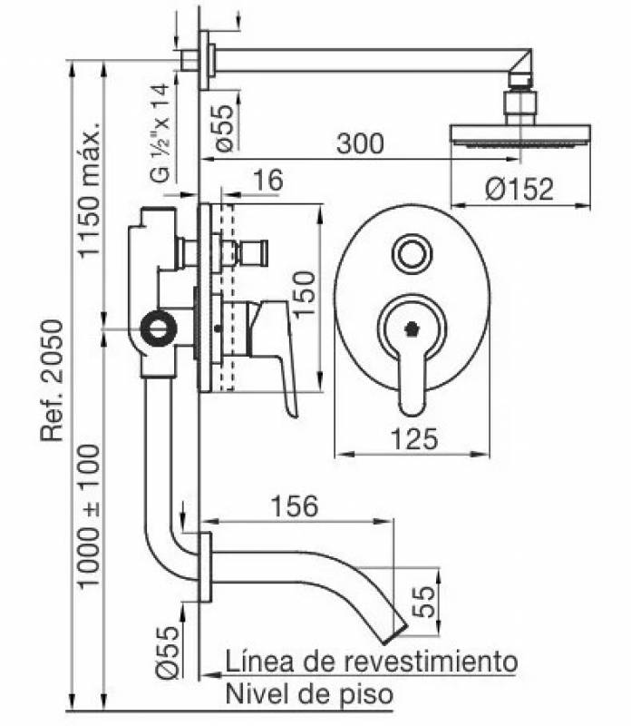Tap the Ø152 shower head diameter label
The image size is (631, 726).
click(x=518, y=190)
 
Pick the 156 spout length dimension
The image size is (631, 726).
click(x=296, y=505)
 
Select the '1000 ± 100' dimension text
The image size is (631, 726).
click(x=89, y=515)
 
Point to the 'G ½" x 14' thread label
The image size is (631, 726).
click(x=161, y=132)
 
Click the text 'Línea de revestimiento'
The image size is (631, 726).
click(x=372, y=660)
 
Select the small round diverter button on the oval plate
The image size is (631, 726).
click(x=413, y=254)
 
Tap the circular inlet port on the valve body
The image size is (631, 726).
click(x=161, y=327)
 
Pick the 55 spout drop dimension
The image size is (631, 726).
click(x=422, y=599)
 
